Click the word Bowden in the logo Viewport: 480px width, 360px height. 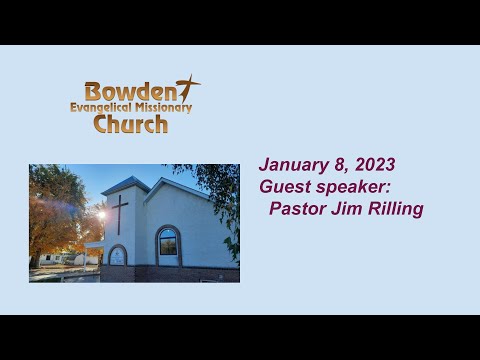pyautogui.click(x=129, y=91)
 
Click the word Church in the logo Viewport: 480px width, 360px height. pyautogui.click(x=130, y=124)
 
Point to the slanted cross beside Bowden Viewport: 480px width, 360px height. pyautogui.click(x=187, y=88)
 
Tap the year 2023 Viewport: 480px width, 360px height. pyautogui.click(x=372, y=165)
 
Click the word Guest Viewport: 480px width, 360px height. pyautogui.click(x=282, y=187)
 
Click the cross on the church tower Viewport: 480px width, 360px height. pyautogui.click(x=119, y=212)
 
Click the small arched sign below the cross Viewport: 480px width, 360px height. pyautogui.click(x=117, y=255)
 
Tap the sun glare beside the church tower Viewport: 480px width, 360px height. pyautogui.click(x=100, y=215)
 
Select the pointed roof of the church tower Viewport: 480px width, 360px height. pyautogui.click(x=124, y=184)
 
